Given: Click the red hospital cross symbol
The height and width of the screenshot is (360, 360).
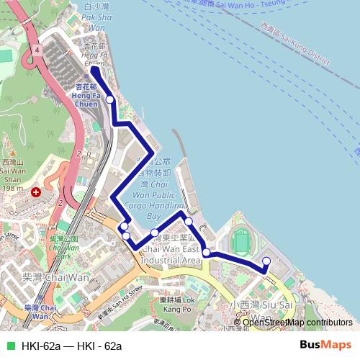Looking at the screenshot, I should [37, 192].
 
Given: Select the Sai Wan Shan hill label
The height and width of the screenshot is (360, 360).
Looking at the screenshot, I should [14, 172].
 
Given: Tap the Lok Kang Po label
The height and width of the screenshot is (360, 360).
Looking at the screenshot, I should [176, 304].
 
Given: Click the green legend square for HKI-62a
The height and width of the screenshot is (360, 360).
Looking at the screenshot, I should [10, 346].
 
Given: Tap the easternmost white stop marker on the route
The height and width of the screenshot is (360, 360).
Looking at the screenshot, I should [266, 261].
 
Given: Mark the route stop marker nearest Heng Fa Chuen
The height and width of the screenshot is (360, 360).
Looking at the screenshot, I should [109, 101].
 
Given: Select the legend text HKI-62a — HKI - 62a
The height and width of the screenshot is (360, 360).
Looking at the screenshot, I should [72, 346].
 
